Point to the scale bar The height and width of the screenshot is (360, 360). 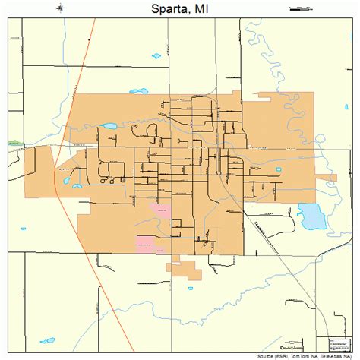pyautogui.click(x=302, y=8)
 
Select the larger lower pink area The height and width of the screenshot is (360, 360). pyautogui.click(x=145, y=243)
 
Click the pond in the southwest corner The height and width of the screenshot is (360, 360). pyautogui.click(x=49, y=340)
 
